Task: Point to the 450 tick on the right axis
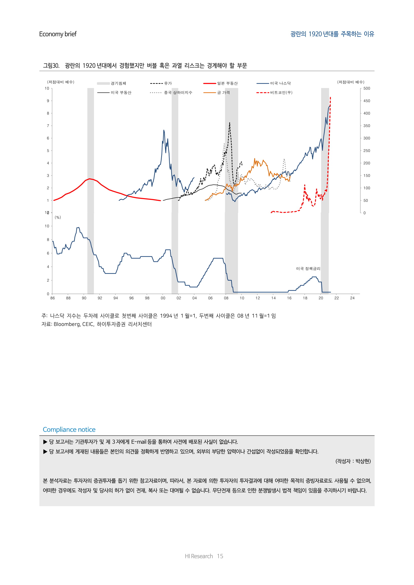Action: click(367, 101)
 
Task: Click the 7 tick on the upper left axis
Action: click(48, 126)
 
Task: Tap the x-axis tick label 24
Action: click(352, 298)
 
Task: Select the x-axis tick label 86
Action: click(53, 298)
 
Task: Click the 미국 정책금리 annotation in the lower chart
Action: click(308, 269)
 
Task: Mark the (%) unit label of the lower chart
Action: click(58, 217)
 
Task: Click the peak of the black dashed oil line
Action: click(230, 123)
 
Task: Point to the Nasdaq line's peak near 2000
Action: click(164, 130)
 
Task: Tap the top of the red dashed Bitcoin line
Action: click(330, 97)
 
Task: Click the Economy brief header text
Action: click(58, 34)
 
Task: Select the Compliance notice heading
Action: click(69, 430)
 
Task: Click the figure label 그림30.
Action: click(51, 66)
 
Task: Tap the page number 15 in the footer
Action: click(220, 556)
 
